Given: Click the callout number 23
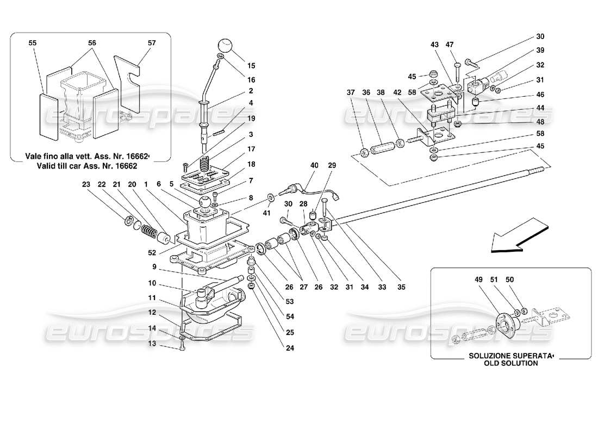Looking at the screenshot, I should [86, 184].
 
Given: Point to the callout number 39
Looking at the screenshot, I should [540, 50].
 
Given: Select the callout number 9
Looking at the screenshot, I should [154, 267].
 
